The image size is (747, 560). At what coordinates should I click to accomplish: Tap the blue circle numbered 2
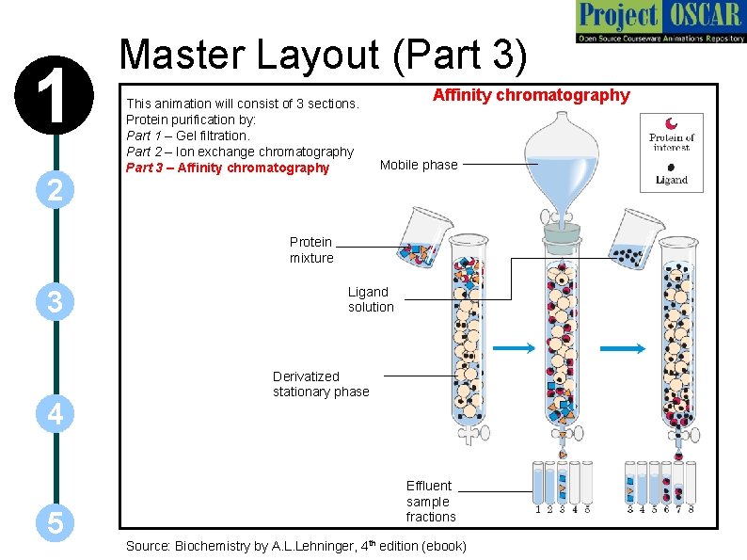56,191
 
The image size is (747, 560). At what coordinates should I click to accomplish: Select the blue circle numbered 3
56,303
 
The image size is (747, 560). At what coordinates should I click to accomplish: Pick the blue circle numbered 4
56,413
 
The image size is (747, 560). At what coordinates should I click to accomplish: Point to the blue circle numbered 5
56,523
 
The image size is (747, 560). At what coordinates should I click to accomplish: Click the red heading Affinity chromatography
531,95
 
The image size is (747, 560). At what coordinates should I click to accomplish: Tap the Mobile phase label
419,165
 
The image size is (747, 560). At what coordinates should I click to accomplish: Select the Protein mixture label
310,249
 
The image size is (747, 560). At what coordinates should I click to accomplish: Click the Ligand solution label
371,299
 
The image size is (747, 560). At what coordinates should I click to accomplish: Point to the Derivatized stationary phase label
321,384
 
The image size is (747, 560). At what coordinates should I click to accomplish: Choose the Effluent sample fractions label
430,501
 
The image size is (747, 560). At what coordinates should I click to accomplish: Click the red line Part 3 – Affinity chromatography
228,168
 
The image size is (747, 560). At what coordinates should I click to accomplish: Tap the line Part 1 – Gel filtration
187,136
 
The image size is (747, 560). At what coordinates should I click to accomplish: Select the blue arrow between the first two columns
514,349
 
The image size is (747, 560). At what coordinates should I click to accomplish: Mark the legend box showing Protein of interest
671,152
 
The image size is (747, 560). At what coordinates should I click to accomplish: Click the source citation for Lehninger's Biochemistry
295,546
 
